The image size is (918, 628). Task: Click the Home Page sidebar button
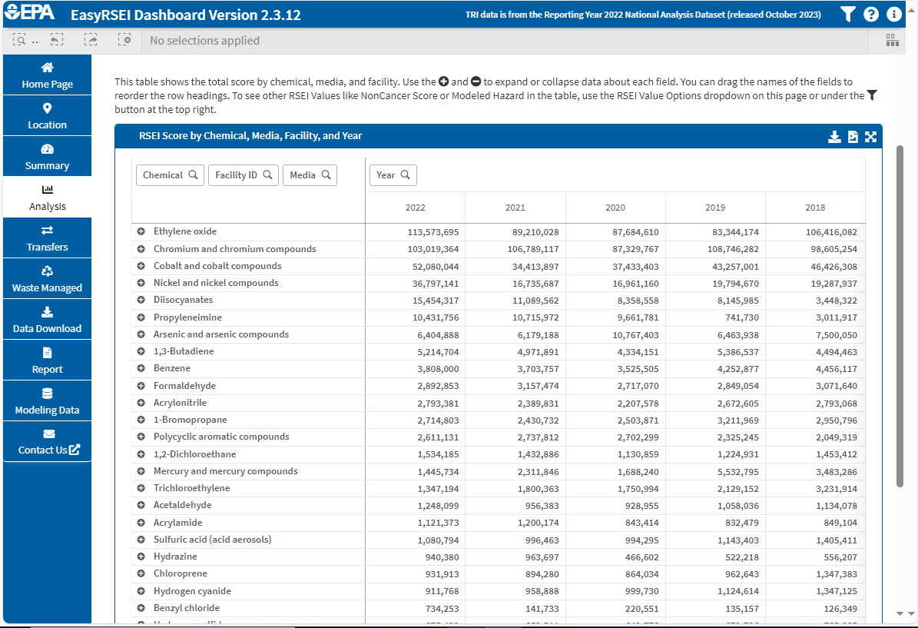47,75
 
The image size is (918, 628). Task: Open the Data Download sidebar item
47,320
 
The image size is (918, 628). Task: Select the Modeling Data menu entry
47,401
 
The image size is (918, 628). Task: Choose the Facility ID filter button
243,175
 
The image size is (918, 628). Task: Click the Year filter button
393,175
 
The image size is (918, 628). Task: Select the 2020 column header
615,208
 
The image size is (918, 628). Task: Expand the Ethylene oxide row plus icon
141,231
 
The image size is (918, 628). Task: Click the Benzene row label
171,368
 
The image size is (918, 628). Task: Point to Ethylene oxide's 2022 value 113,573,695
432,232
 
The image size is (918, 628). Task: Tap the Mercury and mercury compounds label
225,471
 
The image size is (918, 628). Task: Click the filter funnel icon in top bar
847,15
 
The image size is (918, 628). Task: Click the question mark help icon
871,15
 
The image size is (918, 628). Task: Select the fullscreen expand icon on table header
870,137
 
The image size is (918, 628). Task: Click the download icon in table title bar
834,137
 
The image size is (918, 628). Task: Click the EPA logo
30,14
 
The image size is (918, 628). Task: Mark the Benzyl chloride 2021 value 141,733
538,608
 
